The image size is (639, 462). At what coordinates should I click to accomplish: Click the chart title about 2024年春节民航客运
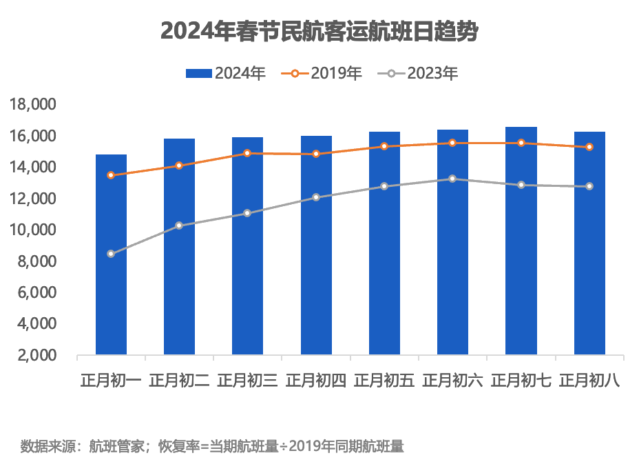(x=319, y=32)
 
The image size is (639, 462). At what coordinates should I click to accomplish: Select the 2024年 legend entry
(x=225, y=72)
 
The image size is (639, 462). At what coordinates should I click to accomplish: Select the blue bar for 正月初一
(x=111, y=255)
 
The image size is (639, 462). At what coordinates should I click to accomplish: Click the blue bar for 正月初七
(x=521, y=241)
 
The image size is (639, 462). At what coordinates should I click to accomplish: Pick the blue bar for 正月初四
(x=316, y=245)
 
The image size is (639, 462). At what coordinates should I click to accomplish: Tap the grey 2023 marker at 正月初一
(x=111, y=254)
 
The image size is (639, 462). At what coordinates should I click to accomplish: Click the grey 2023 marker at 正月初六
(x=452, y=179)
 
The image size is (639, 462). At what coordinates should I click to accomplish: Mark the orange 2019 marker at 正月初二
(x=179, y=165)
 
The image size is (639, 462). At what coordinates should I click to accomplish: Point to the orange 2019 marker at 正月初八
(x=589, y=147)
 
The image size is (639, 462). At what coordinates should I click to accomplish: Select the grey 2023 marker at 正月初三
(x=247, y=213)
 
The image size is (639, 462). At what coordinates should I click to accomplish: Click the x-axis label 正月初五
(x=384, y=380)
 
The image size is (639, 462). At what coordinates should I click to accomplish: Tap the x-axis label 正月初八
(x=589, y=380)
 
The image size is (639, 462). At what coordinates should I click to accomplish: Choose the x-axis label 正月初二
(x=179, y=380)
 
